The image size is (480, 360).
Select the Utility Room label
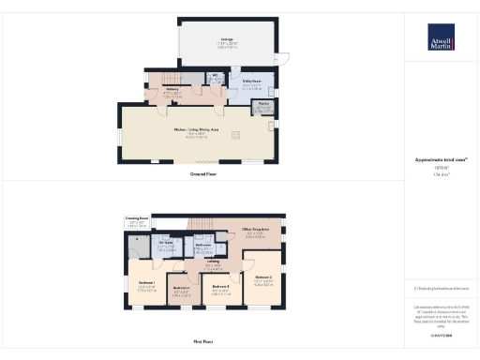click(x=251, y=85)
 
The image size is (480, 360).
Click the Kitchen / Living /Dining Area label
click(x=196, y=130)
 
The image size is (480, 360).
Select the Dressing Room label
click(x=137, y=221)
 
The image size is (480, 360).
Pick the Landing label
click(x=213, y=262)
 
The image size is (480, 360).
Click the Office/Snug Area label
click(x=255, y=230)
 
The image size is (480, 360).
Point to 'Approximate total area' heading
click(x=441, y=162)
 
